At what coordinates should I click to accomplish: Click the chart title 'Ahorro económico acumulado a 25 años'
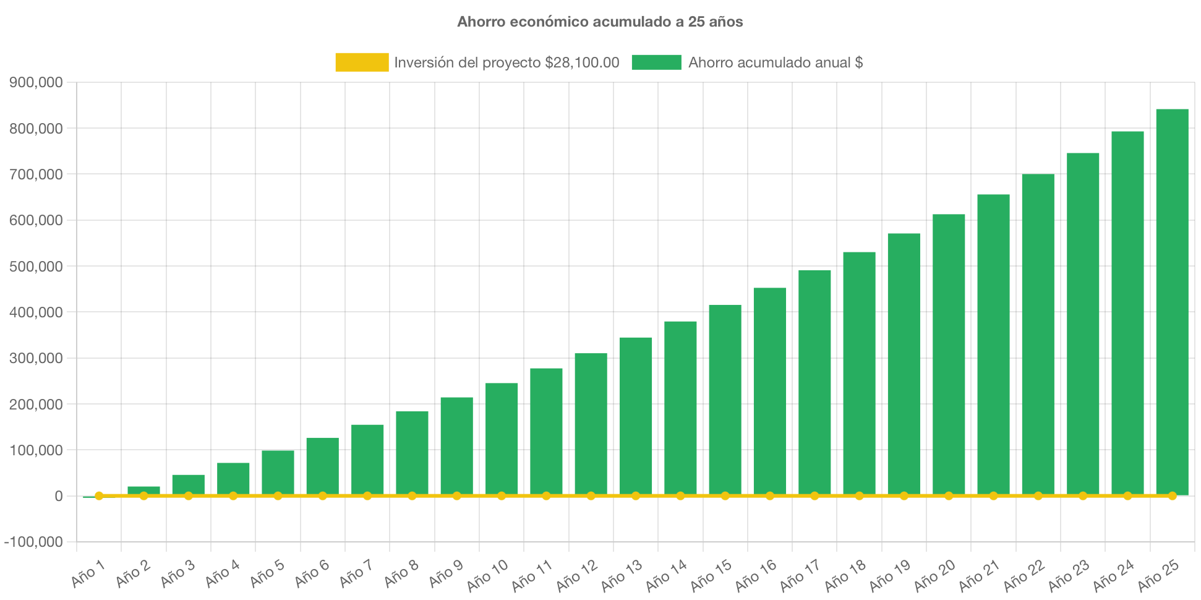(x=600, y=22)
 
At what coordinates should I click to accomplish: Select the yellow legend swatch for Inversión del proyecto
(x=362, y=62)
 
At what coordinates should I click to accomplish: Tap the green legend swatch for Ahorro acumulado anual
(x=656, y=62)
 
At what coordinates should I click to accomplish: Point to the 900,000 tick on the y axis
(x=36, y=83)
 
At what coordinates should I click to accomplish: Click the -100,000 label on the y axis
(x=33, y=542)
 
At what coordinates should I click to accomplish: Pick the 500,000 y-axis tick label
(x=36, y=267)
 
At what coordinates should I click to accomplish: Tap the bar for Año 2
(x=143, y=490)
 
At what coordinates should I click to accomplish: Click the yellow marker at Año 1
(x=99, y=495)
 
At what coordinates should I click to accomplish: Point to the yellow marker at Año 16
(x=770, y=496)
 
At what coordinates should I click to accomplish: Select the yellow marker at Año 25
(x=1172, y=496)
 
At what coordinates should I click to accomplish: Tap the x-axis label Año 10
(x=487, y=575)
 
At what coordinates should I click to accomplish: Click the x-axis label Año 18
(x=845, y=575)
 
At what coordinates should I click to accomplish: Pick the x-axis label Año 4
(x=222, y=573)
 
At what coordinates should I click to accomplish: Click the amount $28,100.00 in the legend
(x=582, y=62)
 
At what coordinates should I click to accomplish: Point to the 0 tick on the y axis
(x=58, y=497)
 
